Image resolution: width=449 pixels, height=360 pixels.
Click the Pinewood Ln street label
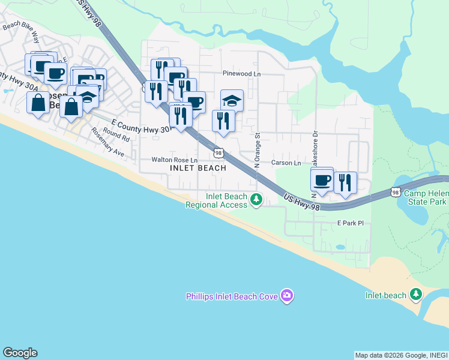[241, 74]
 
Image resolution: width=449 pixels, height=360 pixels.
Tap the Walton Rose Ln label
[175, 160]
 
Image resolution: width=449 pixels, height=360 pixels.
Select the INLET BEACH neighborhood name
[198, 169]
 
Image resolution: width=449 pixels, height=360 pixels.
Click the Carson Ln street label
[286, 163]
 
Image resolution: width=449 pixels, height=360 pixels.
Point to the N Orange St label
[256, 150]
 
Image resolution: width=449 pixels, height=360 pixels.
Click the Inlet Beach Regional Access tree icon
[256, 200]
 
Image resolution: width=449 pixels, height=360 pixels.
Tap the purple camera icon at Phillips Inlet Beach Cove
[287, 295]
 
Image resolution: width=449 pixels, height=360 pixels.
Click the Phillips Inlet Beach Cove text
[232, 296]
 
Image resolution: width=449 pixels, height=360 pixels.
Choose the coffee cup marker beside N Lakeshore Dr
[322, 180]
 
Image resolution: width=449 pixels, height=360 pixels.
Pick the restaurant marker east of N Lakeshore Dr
[345, 182]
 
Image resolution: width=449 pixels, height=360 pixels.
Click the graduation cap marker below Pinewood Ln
[232, 101]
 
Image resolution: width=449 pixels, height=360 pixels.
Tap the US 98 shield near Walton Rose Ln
[219, 154]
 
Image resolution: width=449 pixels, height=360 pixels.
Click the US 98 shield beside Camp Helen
[394, 192]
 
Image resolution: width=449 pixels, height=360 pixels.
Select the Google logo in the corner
[20, 353]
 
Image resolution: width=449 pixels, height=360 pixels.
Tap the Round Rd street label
[116, 134]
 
